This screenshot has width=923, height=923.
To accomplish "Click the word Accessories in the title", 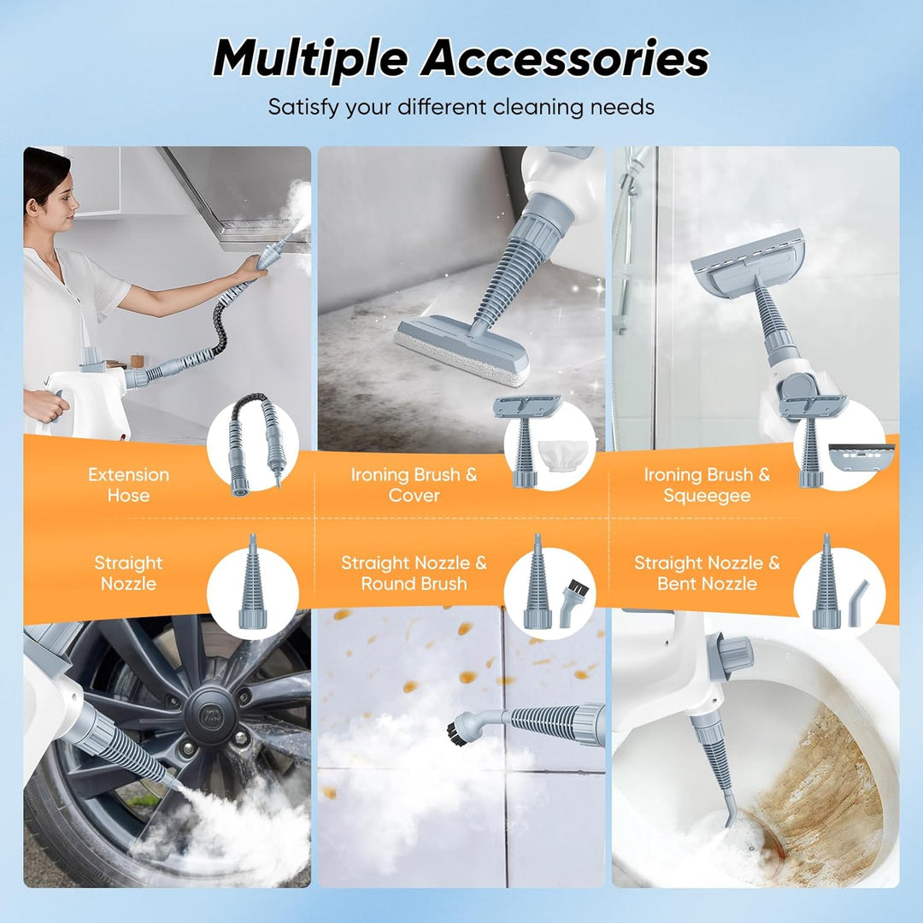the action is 565,58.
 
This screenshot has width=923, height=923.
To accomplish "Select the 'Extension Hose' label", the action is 128,485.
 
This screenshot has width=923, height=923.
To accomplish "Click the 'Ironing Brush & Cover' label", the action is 414,485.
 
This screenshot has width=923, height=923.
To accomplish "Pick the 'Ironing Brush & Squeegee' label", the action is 707,485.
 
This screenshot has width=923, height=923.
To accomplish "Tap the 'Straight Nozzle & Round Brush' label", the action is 414,573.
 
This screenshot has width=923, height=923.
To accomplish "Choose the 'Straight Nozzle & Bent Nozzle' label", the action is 707,573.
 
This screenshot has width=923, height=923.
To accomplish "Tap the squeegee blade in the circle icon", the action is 861,458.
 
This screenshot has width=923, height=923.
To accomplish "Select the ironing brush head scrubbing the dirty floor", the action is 462,349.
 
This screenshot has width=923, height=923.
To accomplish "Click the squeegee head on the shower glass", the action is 749,264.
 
